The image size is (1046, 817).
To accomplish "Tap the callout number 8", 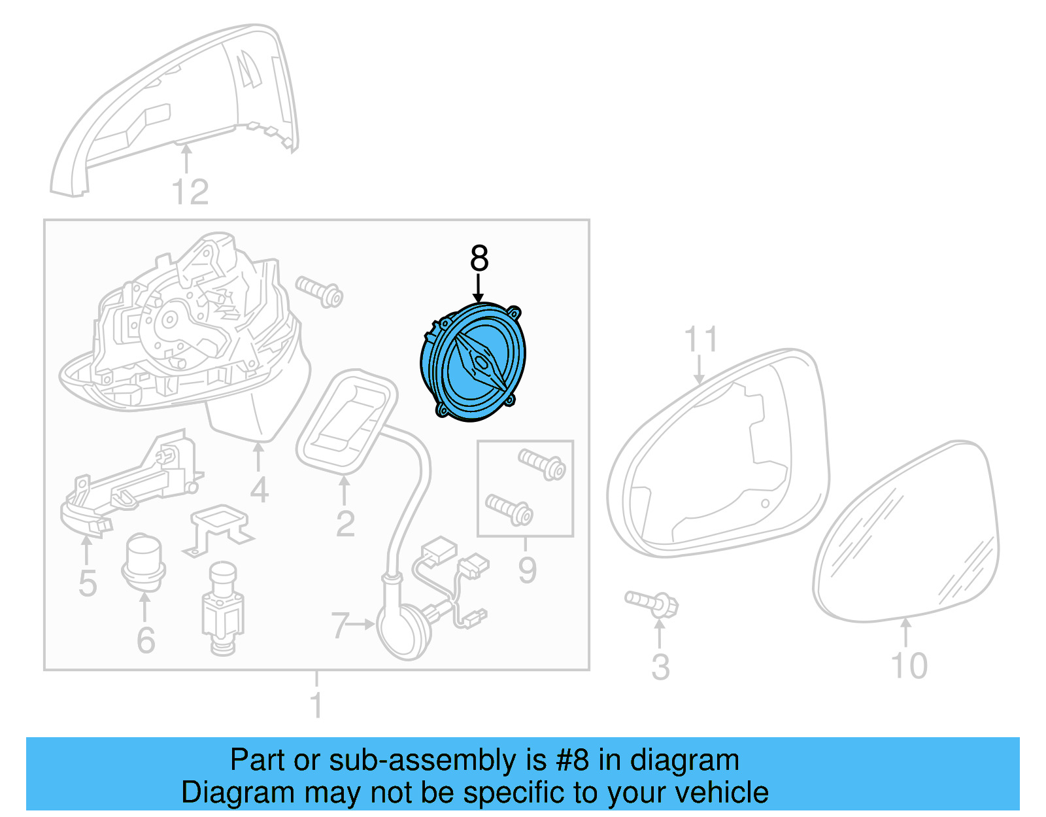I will [479, 258].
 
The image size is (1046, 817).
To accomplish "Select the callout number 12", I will [190, 192].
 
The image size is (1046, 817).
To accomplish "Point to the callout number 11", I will [700, 339].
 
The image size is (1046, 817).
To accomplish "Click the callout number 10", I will [909, 665].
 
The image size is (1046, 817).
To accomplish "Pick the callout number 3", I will [660, 667].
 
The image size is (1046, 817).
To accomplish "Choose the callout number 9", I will [527, 570].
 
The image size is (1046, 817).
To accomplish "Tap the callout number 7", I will [339, 625].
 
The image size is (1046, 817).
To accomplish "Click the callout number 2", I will [345, 523].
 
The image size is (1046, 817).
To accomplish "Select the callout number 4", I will [260, 489].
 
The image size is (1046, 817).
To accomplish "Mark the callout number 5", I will [88, 583].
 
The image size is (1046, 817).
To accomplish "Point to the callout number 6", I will [146, 640].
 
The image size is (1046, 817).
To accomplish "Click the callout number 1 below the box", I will [316, 705].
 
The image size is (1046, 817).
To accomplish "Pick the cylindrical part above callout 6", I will [143, 563].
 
